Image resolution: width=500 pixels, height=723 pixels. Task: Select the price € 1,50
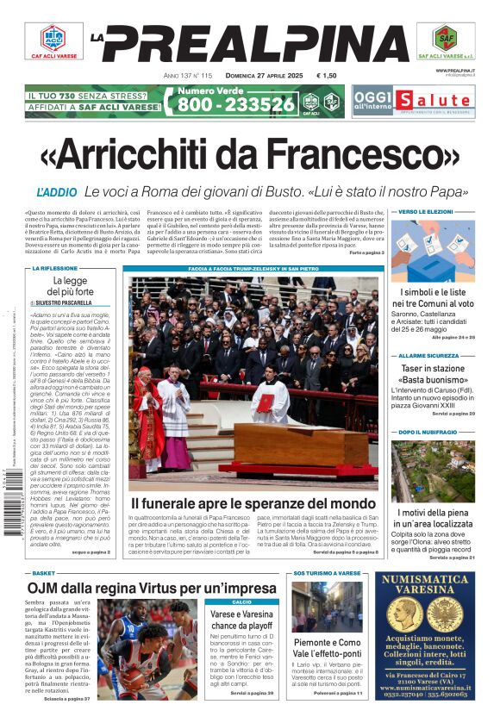coord(327,76)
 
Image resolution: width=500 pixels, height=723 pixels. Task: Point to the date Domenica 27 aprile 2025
coord(259,76)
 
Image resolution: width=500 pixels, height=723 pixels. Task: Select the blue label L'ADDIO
coord(57,190)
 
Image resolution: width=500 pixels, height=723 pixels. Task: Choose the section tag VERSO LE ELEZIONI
coord(427,211)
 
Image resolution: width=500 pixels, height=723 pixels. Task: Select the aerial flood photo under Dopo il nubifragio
coord(433,471)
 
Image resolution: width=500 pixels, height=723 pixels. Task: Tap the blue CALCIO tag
coord(242,601)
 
